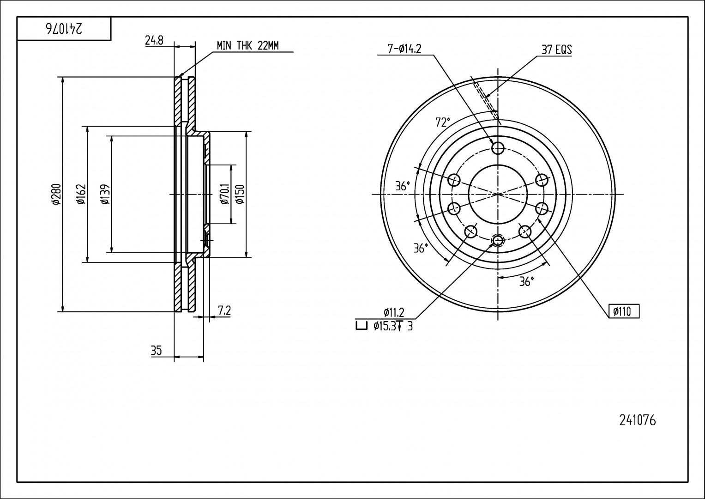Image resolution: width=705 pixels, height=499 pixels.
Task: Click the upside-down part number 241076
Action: tap(64, 29)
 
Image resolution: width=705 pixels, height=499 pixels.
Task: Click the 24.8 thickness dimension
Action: tap(154, 41)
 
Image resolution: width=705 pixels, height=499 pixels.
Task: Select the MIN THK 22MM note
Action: tap(247, 45)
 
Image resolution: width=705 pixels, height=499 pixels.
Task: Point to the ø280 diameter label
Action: tap(56, 194)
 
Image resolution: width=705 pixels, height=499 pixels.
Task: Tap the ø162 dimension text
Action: tap(81, 194)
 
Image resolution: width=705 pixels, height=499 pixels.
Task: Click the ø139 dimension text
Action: tap(105, 194)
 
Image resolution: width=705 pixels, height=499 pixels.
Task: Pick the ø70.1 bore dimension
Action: tap(224, 194)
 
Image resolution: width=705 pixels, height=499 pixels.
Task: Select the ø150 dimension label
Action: tap(239, 194)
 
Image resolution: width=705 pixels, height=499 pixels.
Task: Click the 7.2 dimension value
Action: tap(224, 311)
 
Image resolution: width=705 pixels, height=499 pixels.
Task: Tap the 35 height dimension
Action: tap(157, 351)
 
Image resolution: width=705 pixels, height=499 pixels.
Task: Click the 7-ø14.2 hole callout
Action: tap(404, 49)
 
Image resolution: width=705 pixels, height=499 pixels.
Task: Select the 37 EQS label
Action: tap(556, 50)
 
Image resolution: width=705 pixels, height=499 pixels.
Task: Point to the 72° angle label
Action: tap(442, 122)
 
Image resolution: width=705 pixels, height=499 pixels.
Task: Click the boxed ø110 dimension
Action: tap(624, 311)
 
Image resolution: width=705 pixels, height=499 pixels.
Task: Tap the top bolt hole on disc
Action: tap(498, 148)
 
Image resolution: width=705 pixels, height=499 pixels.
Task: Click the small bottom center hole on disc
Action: tap(498, 240)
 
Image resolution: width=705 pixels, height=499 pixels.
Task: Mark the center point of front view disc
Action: tap(498, 194)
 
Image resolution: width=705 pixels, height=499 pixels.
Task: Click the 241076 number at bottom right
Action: tap(637, 420)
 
